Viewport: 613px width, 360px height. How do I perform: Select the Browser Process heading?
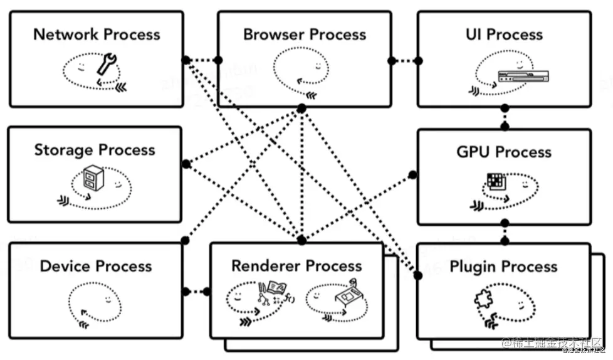(305, 34)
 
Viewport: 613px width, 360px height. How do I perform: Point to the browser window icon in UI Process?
(524, 77)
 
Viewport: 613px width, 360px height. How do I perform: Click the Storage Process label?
(94, 150)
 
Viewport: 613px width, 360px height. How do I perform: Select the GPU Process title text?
(504, 152)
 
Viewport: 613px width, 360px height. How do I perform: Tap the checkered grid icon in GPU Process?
(495, 181)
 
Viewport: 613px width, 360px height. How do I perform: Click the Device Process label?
(95, 266)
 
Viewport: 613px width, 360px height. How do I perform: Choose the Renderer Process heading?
(296, 266)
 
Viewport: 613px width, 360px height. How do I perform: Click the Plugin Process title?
(503, 267)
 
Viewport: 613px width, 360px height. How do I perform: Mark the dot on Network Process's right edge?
(186, 60)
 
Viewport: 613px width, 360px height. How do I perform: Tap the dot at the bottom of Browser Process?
(301, 109)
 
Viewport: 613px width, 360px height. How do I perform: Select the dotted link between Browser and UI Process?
(405, 61)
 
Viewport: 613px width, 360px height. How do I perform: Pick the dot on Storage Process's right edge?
(186, 164)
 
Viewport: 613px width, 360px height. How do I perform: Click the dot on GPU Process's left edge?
(413, 174)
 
